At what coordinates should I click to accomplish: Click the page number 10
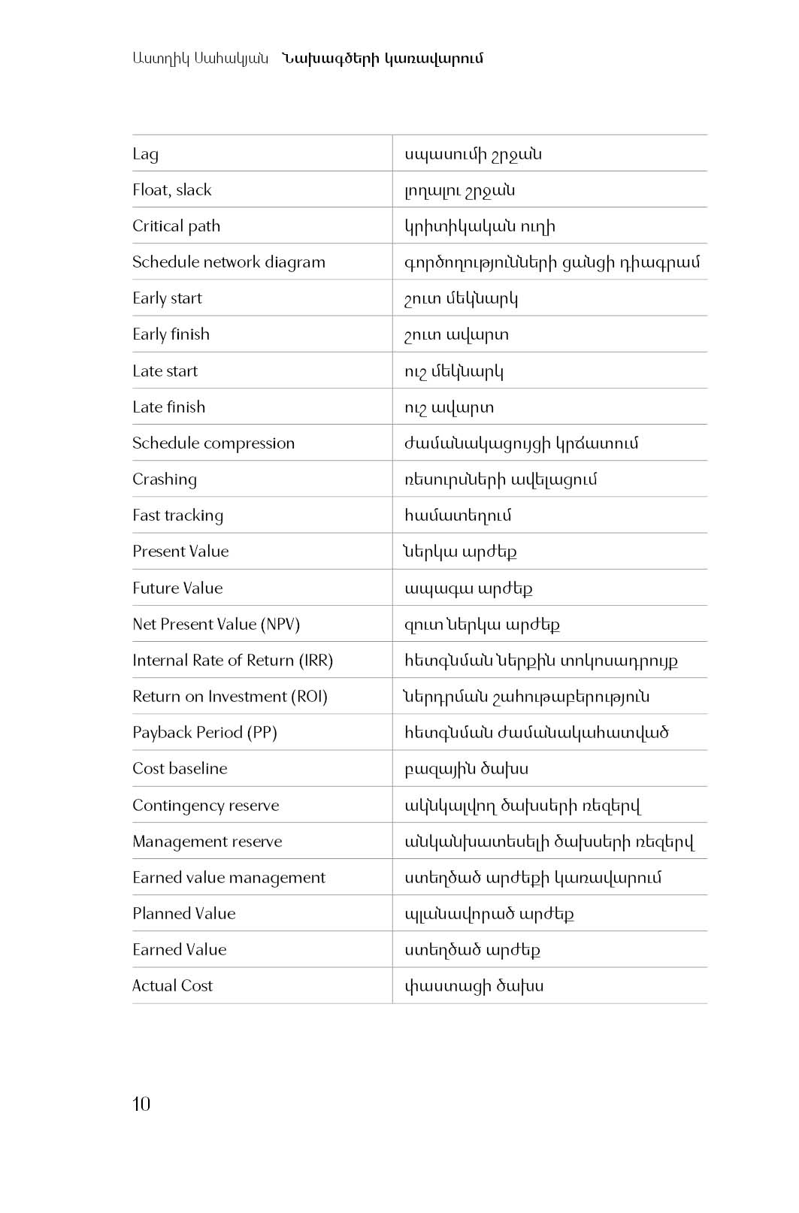click(141, 1103)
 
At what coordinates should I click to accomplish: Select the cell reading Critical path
click(176, 226)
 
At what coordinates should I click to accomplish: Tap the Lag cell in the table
click(145, 154)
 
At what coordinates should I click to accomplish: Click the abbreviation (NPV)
click(280, 624)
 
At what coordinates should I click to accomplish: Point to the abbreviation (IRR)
click(316, 660)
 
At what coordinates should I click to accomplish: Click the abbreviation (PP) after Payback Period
click(262, 732)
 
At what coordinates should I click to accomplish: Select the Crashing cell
click(165, 479)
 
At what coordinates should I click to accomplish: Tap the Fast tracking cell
click(177, 516)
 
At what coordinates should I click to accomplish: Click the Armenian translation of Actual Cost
click(474, 985)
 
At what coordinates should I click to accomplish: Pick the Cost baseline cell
click(180, 768)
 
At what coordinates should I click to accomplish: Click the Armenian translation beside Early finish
click(456, 334)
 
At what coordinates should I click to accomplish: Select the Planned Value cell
click(183, 913)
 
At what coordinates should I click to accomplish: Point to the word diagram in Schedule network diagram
click(295, 262)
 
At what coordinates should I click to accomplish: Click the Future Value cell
click(177, 588)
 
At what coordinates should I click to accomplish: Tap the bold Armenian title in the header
click(383, 58)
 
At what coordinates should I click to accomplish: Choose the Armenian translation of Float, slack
click(459, 190)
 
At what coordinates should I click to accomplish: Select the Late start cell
click(165, 371)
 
